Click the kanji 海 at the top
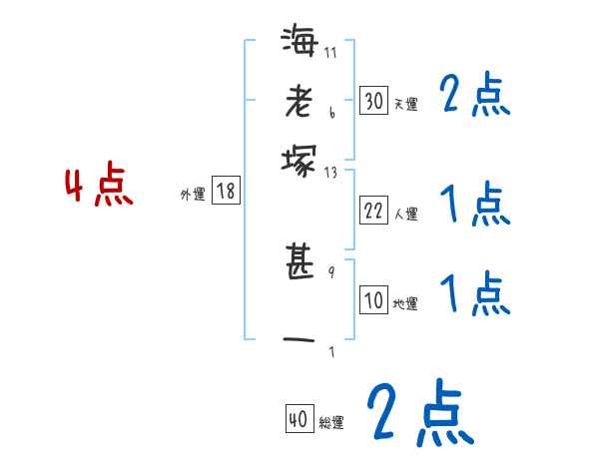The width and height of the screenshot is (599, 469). click(x=299, y=43)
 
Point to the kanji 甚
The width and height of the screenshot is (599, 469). click(x=299, y=263)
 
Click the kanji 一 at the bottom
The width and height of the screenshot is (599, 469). click(x=299, y=338)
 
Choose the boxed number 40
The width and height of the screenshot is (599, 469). click(x=299, y=420)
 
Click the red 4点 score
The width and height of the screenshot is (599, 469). click(x=99, y=187)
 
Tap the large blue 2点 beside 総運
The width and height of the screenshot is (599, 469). click(x=418, y=413)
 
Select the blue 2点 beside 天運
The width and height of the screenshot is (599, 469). click(x=474, y=97)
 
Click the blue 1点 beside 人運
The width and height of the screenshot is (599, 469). click(x=474, y=206)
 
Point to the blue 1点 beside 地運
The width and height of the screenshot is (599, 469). click(x=474, y=295)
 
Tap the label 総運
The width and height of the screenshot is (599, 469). click(x=331, y=423)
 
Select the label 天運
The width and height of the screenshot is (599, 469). click(x=405, y=103)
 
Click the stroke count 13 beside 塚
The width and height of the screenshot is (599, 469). click(x=330, y=173)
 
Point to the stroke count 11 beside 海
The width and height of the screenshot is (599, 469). click(x=330, y=52)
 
